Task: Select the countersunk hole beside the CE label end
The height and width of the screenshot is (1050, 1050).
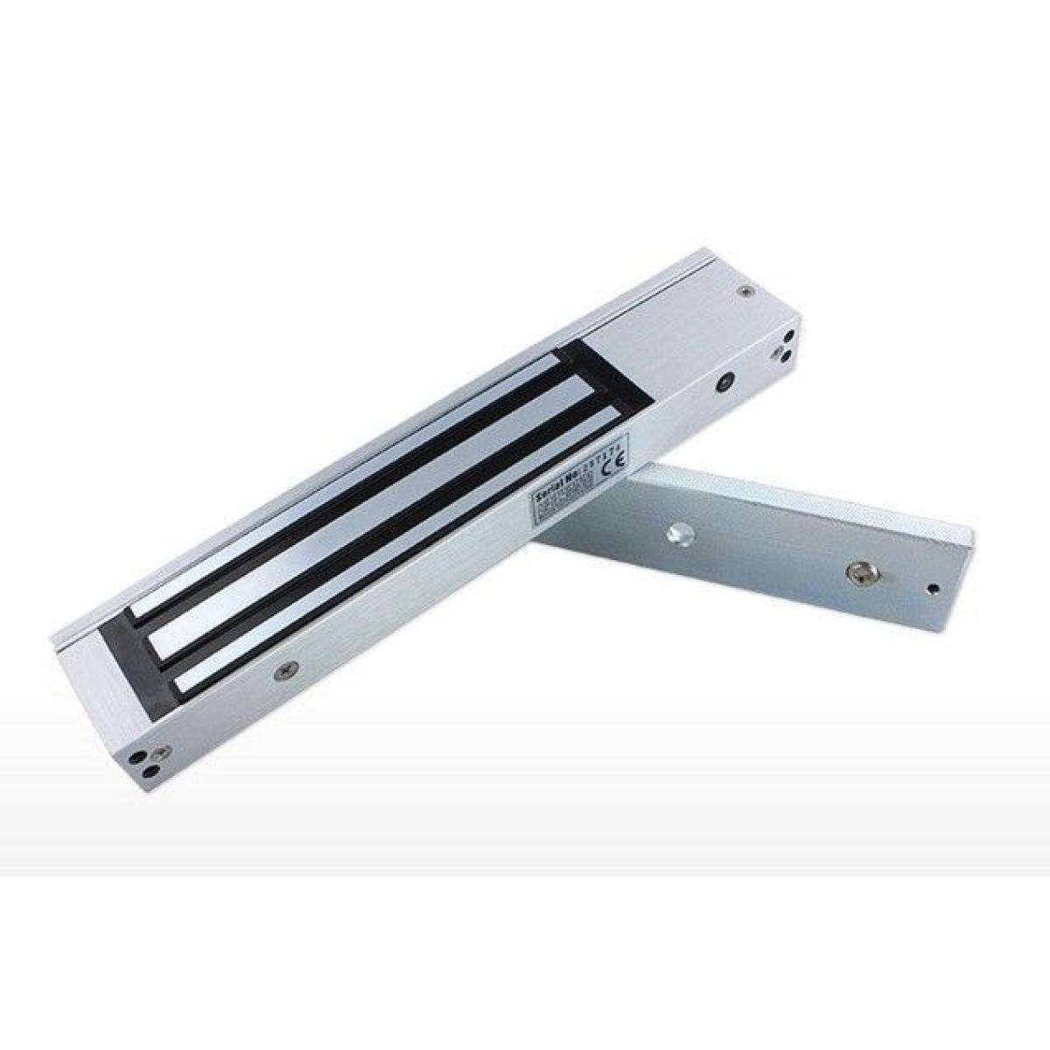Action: point(724,381)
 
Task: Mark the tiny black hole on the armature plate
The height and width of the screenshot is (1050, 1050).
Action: point(933,587)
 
